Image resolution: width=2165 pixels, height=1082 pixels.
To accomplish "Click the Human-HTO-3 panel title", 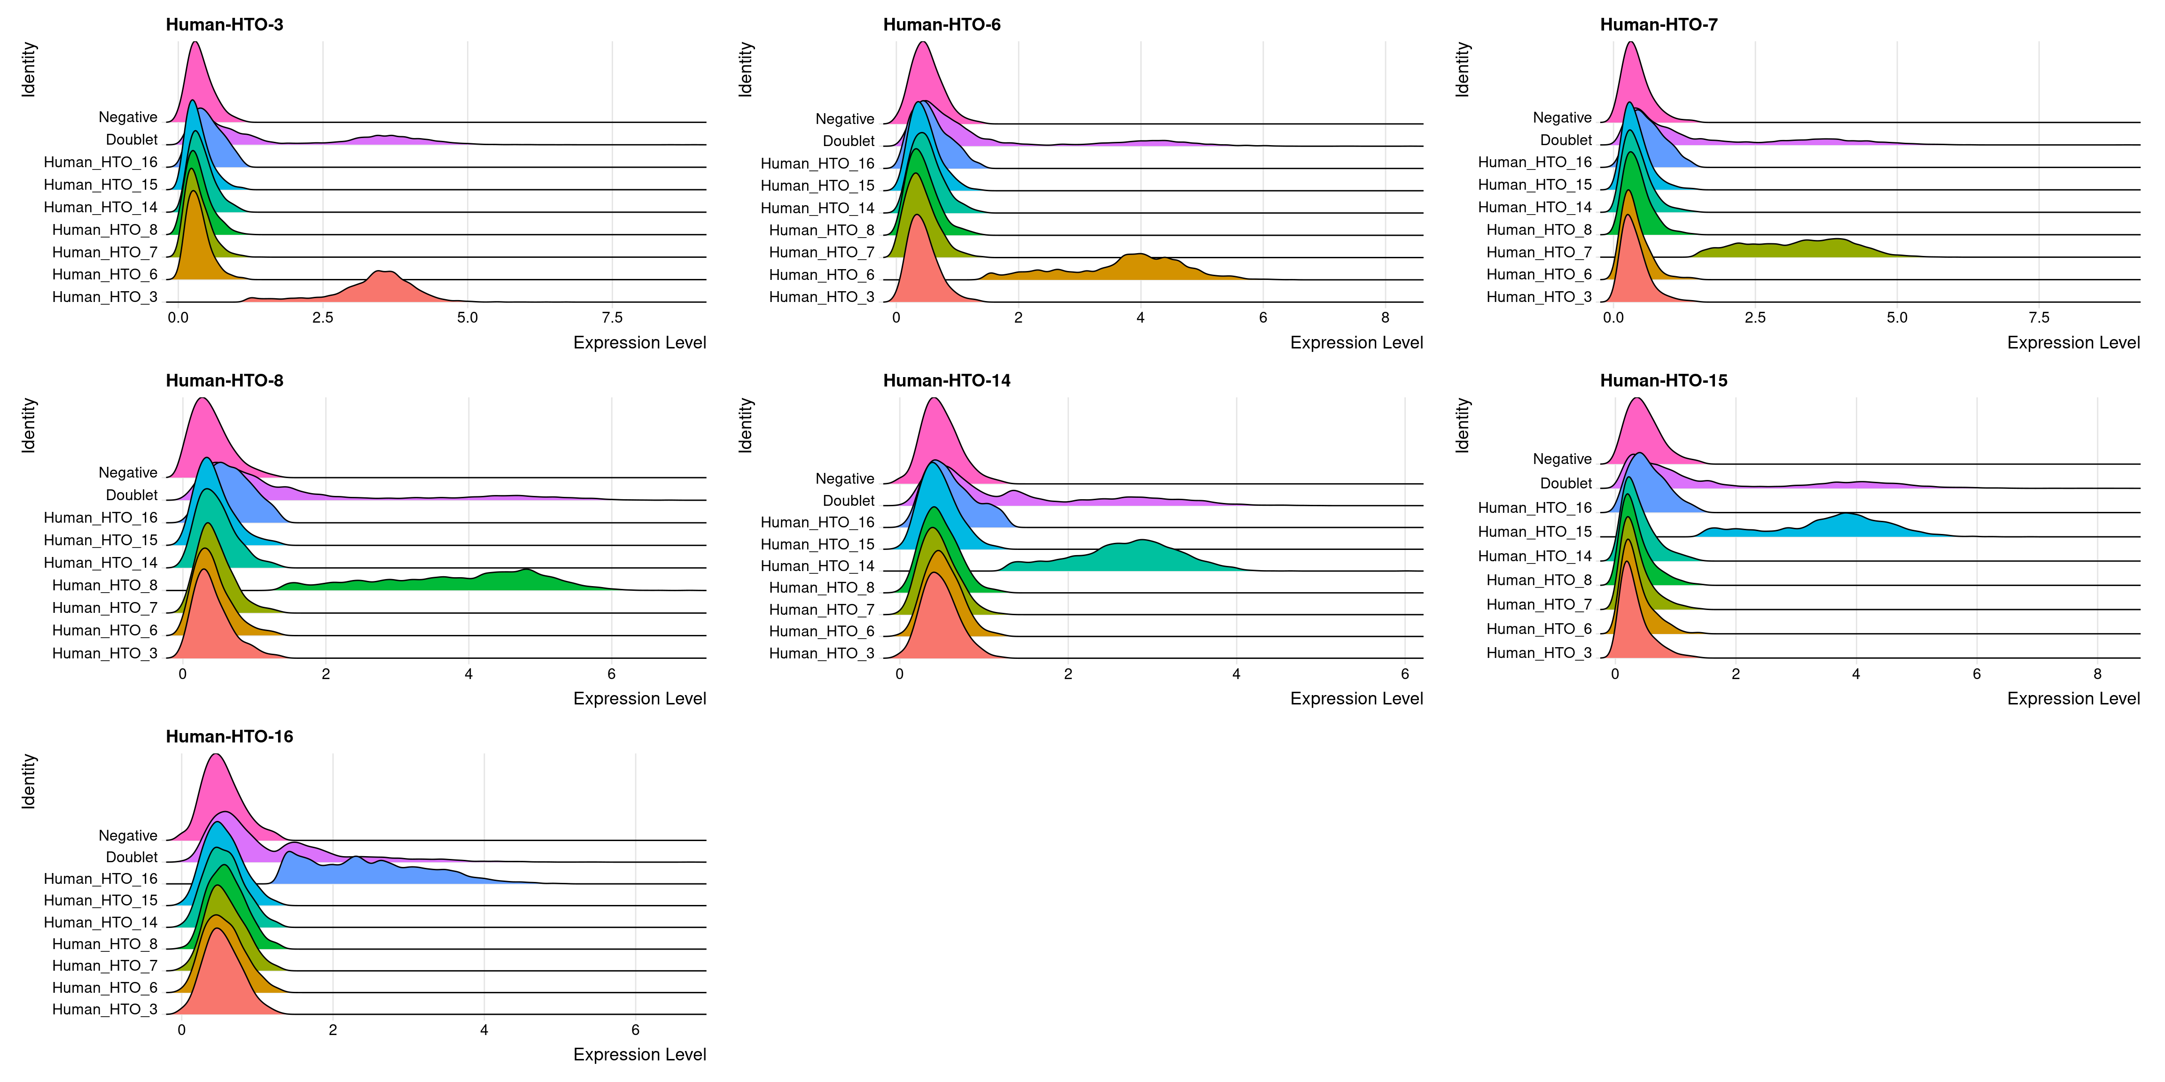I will click(x=225, y=24).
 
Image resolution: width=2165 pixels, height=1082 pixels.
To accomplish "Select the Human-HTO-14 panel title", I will click(x=946, y=380).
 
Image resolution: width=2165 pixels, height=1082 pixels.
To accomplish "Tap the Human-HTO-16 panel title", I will click(x=229, y=737).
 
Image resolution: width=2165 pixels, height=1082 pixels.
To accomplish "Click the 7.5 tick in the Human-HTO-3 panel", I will click(x=612, y=317).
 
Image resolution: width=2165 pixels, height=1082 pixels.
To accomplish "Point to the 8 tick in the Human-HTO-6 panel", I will click(x=1385, y=317).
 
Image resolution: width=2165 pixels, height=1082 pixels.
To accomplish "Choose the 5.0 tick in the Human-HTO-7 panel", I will click(x=1897, y=317).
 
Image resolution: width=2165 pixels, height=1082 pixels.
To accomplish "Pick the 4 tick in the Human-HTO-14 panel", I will click(x=1236, y=674).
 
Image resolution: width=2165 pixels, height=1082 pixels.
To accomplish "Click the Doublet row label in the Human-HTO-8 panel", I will click(x=131, y=495).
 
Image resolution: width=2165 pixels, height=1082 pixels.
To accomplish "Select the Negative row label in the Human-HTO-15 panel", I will click(x=1562, y=459).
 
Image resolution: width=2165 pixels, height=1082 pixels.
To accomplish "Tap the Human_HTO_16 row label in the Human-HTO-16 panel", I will click(x=101, y=879).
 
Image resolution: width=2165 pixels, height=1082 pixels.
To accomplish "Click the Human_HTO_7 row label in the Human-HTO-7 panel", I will click(x=1538, y=252).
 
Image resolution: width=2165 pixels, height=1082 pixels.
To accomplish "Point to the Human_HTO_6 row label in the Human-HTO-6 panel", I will click(x=821, y=275).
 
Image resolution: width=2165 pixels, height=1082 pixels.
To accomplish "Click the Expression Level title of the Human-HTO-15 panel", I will click(x=2072, y=699).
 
